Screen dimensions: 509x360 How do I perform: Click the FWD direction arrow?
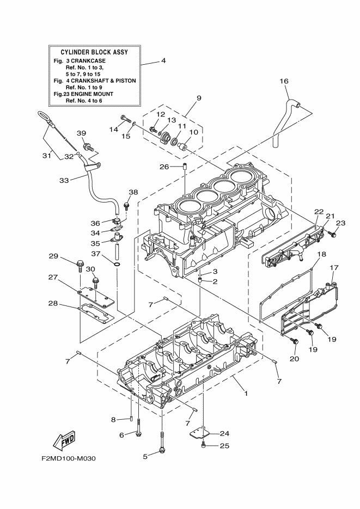pos(64,438)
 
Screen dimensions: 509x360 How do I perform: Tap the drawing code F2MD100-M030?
pos(68,458)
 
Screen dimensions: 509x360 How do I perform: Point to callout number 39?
pos(81,133)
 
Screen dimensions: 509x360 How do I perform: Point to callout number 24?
pos(224,434)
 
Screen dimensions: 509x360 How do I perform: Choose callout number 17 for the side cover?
pos(334,267)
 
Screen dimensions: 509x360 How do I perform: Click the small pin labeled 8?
pos(132,418)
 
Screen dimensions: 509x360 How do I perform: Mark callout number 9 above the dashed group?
pos(168,98)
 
